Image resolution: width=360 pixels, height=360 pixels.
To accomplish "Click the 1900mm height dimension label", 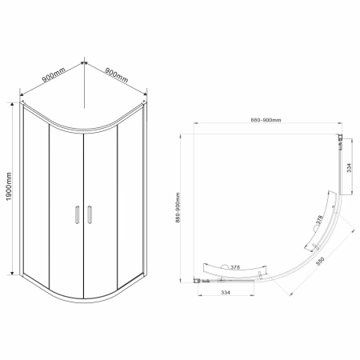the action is (9, 186).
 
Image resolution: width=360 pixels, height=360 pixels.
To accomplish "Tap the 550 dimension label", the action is (320, 261).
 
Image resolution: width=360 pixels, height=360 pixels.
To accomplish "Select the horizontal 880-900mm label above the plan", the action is (266, 120).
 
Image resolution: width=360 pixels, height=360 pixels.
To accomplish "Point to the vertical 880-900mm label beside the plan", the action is (178, 207).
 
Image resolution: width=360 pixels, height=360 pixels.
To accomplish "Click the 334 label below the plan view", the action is (226, 293).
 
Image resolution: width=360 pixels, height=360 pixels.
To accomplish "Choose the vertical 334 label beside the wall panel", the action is (350, 167).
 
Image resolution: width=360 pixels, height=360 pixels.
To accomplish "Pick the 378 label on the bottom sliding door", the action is (235, 267).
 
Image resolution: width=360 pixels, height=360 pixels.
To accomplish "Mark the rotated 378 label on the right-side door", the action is (319, 219).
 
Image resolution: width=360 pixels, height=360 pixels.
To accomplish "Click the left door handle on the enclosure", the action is (77, 214).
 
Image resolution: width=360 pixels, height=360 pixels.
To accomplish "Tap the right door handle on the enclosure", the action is (90, 214).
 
